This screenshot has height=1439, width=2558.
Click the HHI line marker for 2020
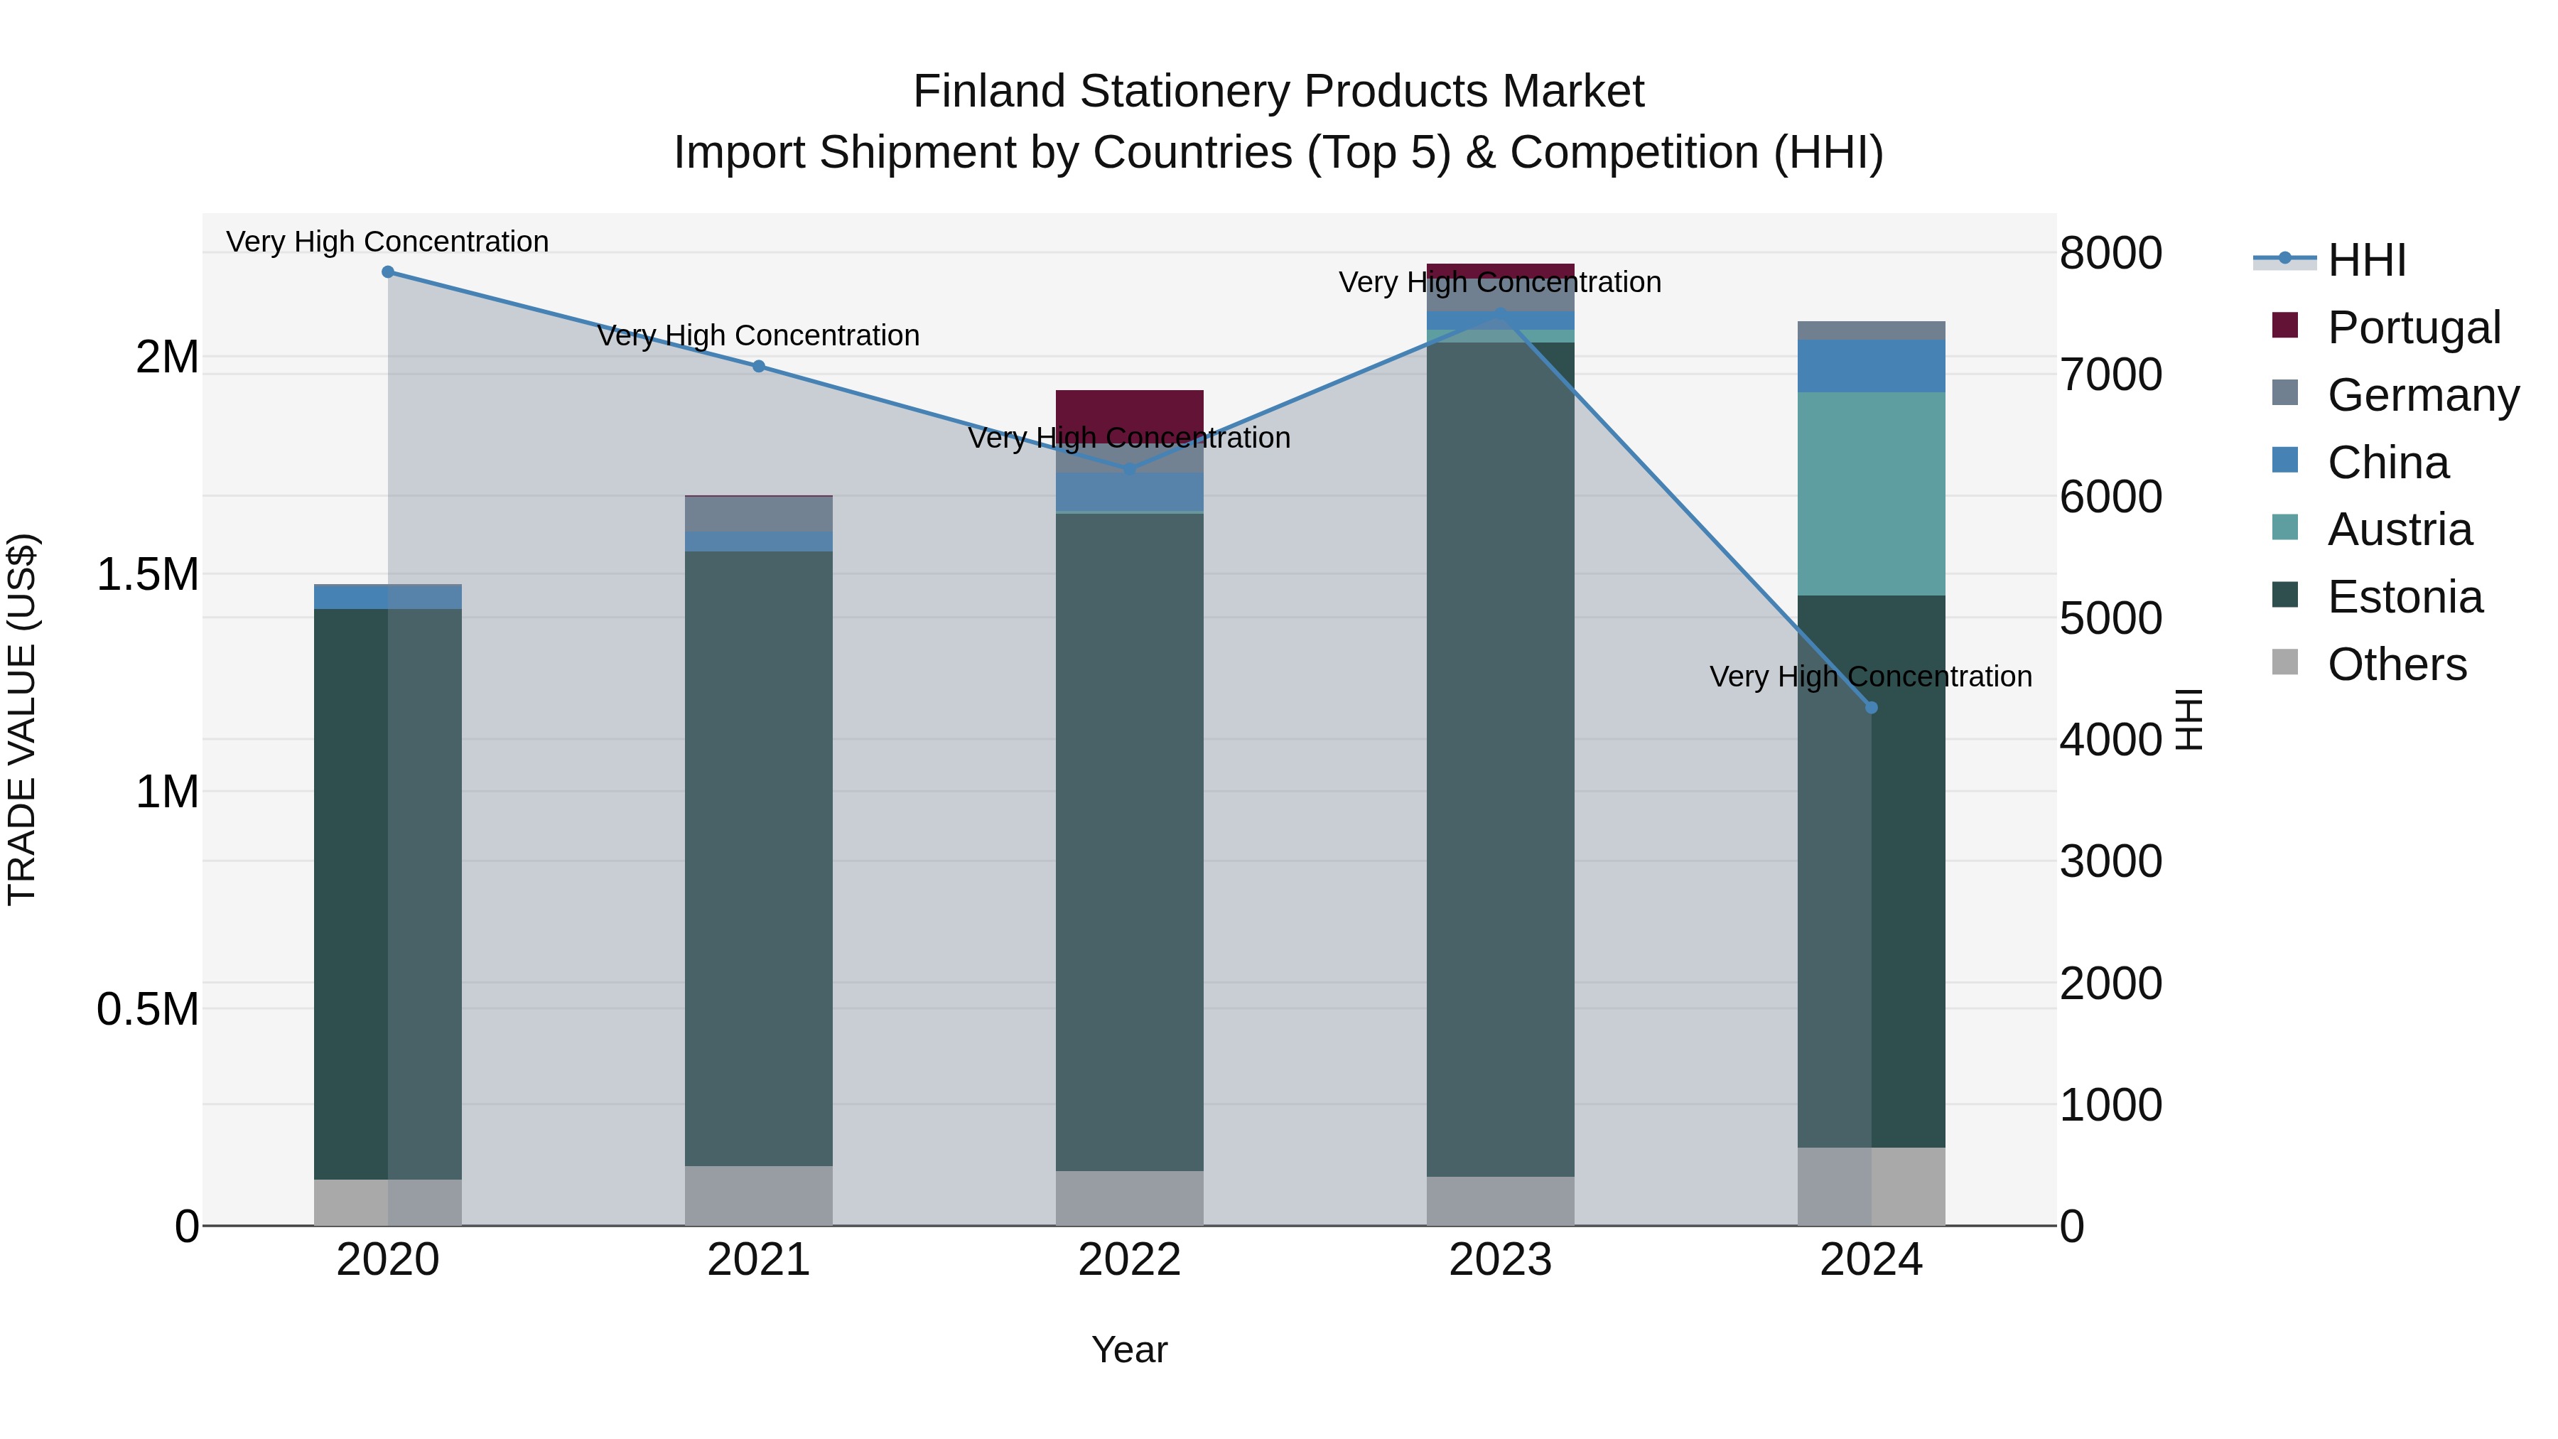387,272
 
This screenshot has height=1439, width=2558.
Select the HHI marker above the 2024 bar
1871,708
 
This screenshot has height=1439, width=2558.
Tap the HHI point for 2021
759,367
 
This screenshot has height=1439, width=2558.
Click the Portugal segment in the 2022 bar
1129,410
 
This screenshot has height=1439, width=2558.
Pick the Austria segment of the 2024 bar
1871,494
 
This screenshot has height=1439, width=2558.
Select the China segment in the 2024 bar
1871,365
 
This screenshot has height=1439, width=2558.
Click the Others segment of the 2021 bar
759,1196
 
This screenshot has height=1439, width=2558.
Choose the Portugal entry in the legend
2413,327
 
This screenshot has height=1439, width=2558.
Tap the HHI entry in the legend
2366,260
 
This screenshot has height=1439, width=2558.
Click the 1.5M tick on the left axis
148,574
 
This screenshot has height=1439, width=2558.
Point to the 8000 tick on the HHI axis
2110,252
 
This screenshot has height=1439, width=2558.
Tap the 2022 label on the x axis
1129,1260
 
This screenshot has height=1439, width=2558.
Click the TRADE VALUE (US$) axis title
22,719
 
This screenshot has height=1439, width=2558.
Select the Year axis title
1129,1349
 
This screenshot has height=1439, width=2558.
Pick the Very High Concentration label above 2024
1871,677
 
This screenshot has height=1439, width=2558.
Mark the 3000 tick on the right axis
2110,861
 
